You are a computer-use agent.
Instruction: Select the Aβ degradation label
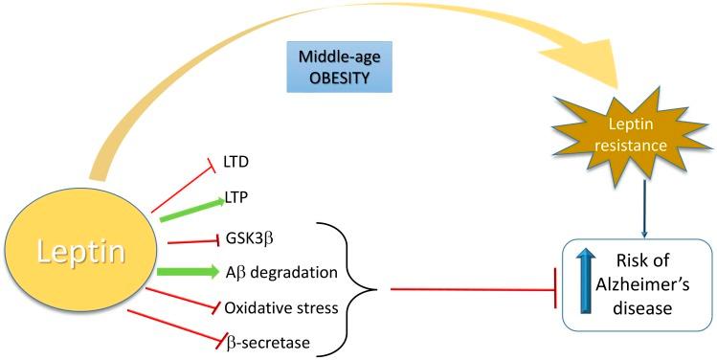pyautogui.click(x=280, y=273)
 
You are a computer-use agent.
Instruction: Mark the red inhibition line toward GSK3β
pyautogui.click(x=188, y=240)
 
